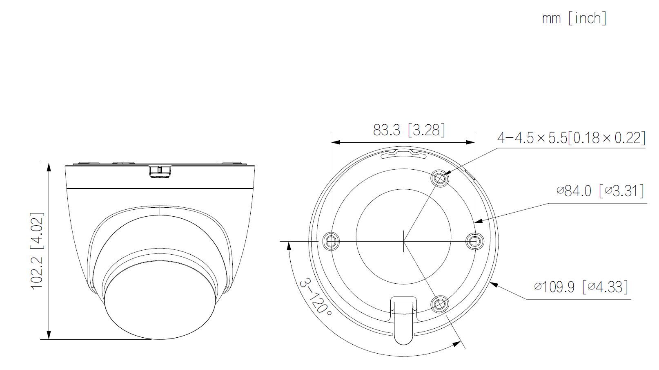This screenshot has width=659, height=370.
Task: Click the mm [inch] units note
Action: click(574, 18)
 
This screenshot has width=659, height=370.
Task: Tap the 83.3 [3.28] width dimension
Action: click(409, 130)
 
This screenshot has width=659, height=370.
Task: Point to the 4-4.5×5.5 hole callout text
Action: click(571, 138)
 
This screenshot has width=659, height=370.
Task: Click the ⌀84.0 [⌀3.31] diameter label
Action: click(600, 191)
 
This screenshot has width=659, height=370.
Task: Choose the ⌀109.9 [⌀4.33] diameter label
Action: click(581, 287)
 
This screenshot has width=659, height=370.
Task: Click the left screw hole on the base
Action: click(331, 242)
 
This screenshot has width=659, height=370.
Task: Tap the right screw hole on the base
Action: click(475, 242)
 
